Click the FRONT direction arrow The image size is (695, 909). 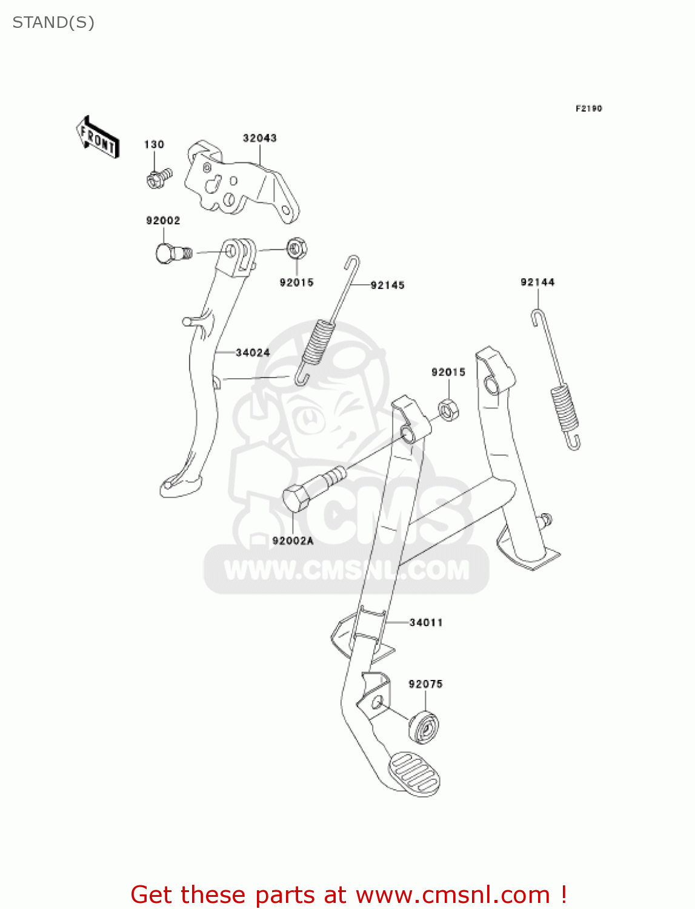coord(98,137)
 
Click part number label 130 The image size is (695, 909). coord(154,144)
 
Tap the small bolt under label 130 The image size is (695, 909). coord(158,178)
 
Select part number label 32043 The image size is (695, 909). coord(260,138)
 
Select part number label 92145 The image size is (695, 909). coord(387,285)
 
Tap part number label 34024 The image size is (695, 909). coord(253,353)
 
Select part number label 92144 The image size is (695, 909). coord(537,282)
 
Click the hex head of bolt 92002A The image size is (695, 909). coord(297,498)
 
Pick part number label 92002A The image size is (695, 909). coord(293,541)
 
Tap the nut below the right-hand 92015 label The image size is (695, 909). coord(448,410)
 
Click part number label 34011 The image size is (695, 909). coord(426,622)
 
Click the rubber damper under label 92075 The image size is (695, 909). coord(424,725)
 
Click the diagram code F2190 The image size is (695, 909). coord(588,108)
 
